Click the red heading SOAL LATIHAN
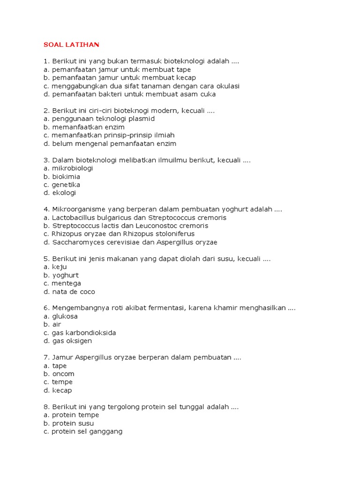pos(71,45)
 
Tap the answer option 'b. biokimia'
pos(61,177)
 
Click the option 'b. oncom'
pos(59,374)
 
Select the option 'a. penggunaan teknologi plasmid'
pos(99,119)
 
